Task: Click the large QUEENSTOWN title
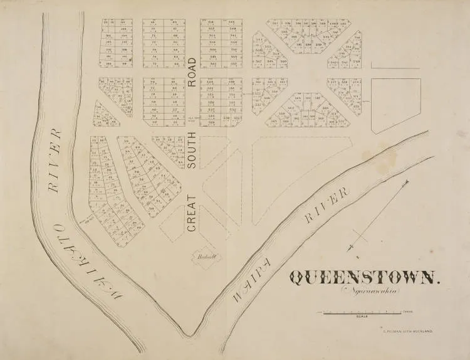365,278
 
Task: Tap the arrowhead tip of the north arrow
408,181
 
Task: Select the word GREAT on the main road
192,214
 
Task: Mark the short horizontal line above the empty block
395,65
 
